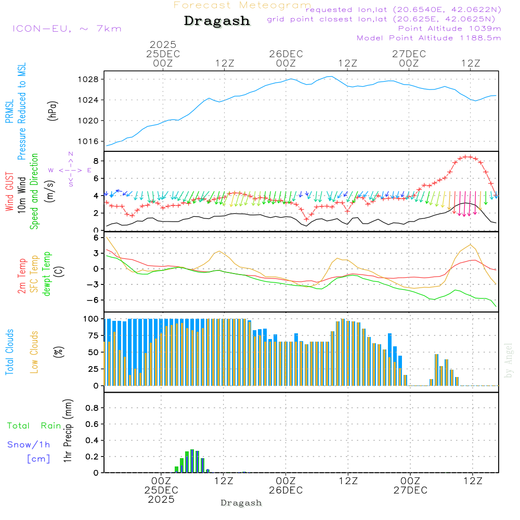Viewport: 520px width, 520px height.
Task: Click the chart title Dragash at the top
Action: tap(217, 21)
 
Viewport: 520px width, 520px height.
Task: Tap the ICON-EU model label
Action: tap(67, 29)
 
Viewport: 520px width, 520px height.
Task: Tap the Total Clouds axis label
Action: tap(9, 352)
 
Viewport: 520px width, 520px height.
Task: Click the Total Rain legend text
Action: tap(34, 425)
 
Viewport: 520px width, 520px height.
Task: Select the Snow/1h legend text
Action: tap(29, 445)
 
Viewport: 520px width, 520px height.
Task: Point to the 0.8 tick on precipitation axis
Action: tap(92, 408)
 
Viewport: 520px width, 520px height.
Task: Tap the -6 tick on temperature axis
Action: tap(94, 300)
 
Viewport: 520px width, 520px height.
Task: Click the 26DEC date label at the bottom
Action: tap(285, 490)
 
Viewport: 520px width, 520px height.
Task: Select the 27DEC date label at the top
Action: tap(409, 54)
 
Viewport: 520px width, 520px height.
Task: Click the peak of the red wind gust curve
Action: tap(468, 156)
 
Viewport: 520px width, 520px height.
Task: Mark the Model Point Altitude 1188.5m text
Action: tap(428, 37)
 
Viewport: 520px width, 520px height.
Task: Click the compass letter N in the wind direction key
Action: tap(71, 154)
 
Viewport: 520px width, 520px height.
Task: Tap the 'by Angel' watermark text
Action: tap(509, 361)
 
